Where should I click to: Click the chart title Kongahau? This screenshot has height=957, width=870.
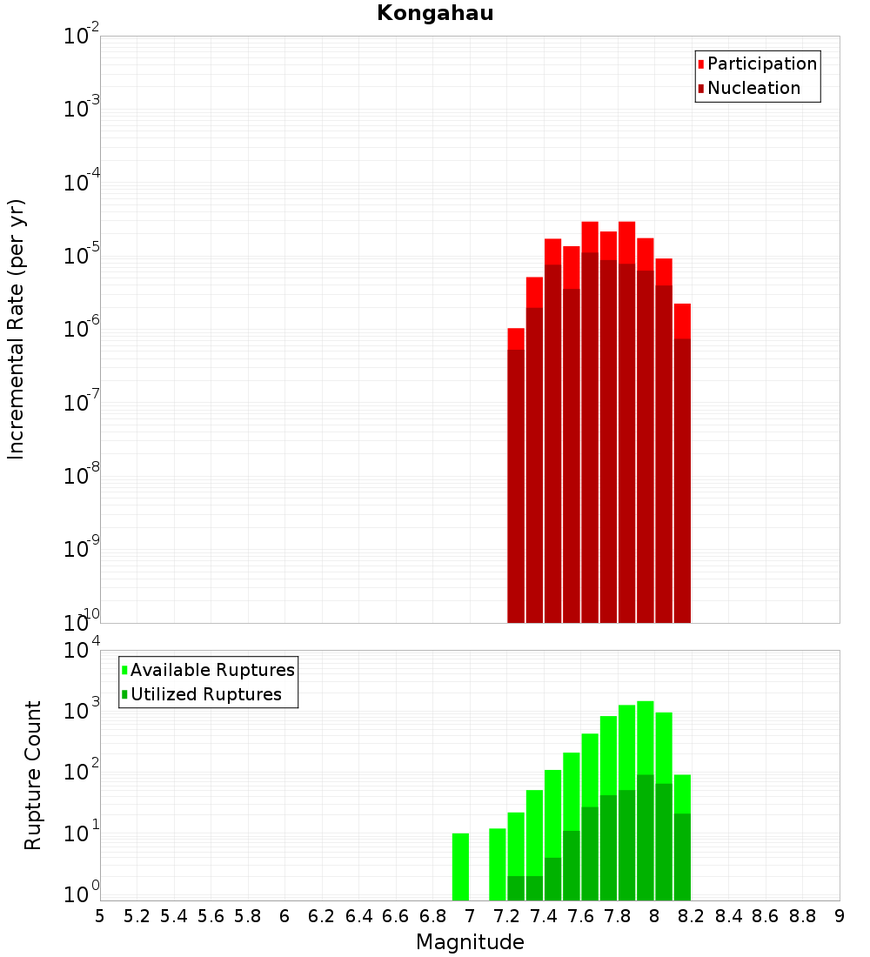click(x=435, y=14)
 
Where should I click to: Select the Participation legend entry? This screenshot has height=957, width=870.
click(x=761, y=64)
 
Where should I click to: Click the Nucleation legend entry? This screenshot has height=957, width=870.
click(x=753, y=88)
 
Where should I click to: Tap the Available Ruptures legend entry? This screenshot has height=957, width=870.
click(x=211, y=670)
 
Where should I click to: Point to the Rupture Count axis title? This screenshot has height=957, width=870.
click(x=33, y=775)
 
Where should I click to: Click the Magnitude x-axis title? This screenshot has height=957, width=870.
click(x=470, y=942)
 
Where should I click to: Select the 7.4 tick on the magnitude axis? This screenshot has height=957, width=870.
click(x=544, y=916)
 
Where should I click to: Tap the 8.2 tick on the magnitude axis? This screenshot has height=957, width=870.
click(x=692, y=916)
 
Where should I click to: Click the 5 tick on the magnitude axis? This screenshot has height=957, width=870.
click(x=100, y=916)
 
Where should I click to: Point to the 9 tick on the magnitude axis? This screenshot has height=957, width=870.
click(x=840, y=916)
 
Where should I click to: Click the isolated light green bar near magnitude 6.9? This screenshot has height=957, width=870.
click(x=460, y=867)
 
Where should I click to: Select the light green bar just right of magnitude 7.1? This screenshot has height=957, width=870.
click(x=498, y=864)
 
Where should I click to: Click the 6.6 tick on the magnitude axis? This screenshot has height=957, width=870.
click(x=396, y=916)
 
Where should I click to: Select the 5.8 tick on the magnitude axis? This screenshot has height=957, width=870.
click(x=248, y=916)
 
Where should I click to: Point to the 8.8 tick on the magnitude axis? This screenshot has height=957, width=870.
click(x=802, y=916)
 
